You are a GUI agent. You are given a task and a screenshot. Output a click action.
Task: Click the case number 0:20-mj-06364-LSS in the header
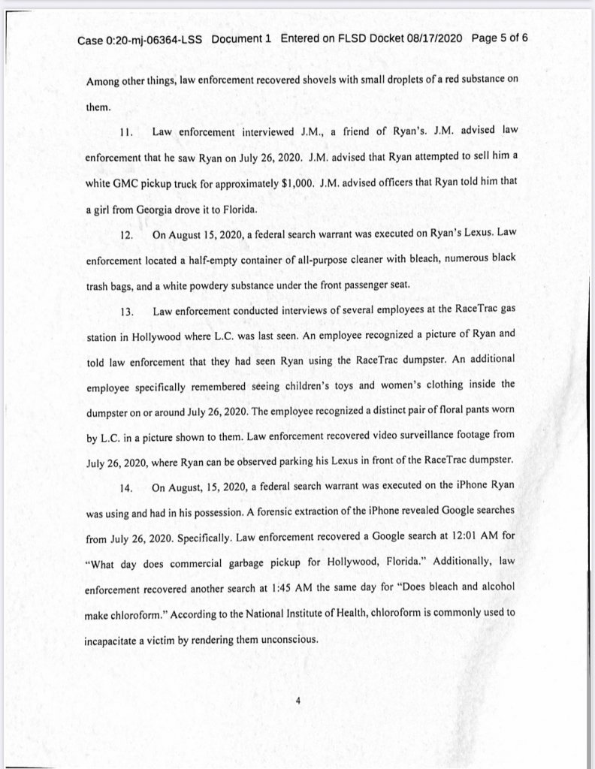[x=140, y=38]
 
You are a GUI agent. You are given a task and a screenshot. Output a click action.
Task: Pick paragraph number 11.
[x=125, y=133]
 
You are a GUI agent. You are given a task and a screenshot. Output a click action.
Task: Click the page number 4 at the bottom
[x=297, y=702]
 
